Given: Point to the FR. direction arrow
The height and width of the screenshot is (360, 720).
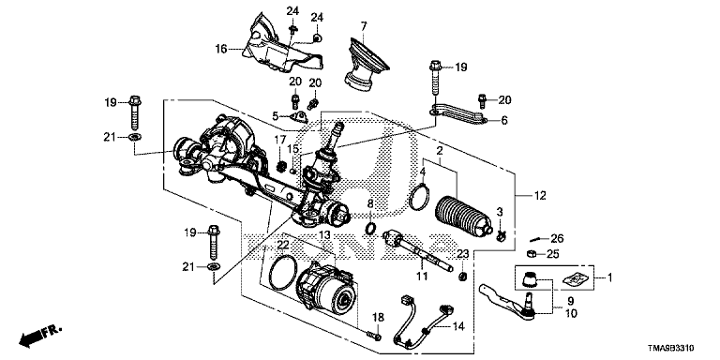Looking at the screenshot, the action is coord(39,337).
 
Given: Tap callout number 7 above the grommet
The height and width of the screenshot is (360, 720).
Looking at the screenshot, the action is coord(364,26).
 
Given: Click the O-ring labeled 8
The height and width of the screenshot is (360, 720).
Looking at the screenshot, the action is coord(371,227).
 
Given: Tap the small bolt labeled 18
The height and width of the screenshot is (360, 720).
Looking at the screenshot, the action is coord(375,337).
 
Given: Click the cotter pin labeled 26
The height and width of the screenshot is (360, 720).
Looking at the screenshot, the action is coord(536,239).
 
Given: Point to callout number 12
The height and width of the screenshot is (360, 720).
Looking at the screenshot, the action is coord(540,196).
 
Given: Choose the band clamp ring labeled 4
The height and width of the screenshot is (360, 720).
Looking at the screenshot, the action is coord(418,197).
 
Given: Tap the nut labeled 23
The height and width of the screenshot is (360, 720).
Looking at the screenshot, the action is coord(463,276).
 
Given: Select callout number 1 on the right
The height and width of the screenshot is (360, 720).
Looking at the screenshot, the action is coord(609,277).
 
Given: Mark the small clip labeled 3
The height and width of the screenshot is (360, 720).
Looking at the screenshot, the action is coord(501,236).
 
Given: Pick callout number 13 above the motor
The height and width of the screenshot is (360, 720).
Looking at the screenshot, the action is coord(324,235).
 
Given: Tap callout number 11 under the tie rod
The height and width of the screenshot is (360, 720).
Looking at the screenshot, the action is coord(422,276).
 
